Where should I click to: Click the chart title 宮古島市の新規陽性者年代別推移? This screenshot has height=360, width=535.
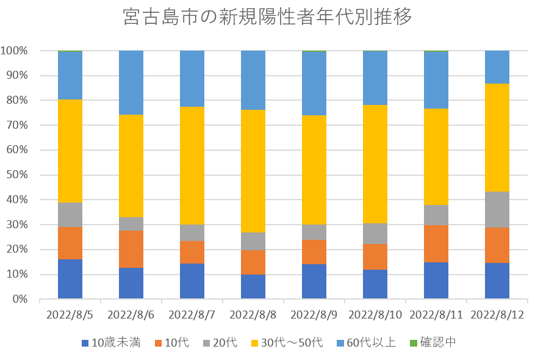point(267,17)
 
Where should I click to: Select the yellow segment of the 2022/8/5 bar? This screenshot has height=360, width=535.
point(70,151)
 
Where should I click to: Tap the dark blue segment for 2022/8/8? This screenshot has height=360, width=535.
point(253,286)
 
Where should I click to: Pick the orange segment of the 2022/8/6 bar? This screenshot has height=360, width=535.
point(131,249)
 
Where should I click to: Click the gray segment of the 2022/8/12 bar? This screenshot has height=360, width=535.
point(497,209)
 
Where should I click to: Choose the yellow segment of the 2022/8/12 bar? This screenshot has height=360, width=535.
point(497,137)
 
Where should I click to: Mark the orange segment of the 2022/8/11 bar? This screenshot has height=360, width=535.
point(436,243)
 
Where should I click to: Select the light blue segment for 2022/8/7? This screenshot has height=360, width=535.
point(192,79)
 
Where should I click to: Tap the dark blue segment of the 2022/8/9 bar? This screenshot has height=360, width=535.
point(314,281)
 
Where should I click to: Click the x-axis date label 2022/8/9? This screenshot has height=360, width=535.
point(314,315)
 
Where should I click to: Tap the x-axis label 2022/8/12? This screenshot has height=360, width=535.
point(497,315)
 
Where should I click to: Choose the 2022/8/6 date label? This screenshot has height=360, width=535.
point(131,315)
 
